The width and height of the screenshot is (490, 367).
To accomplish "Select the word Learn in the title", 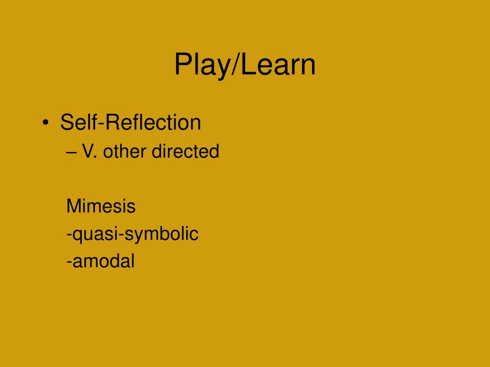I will coord(278,65).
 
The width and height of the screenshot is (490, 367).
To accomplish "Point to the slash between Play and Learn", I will coord(235,65).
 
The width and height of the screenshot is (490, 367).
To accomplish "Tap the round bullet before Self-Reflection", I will coord(45,123).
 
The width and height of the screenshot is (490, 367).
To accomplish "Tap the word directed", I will coord(185,151).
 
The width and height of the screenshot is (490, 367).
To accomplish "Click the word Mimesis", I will coord(101,206).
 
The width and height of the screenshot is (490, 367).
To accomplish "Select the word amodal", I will coord(103,261).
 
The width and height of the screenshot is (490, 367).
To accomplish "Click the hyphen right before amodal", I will coord(69,262).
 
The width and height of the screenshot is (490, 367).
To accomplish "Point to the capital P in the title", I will coord(182,65).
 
